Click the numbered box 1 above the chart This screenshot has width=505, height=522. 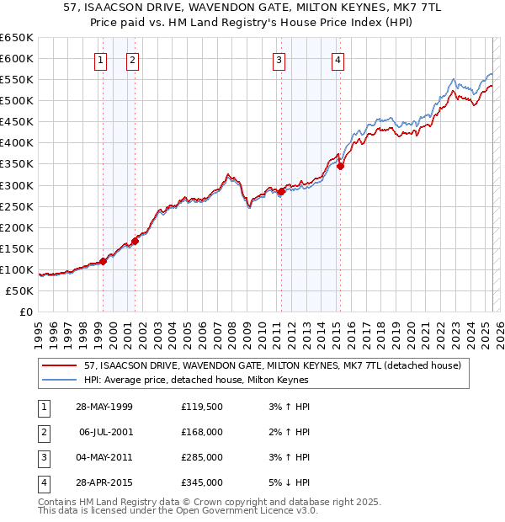[x=101, y=60]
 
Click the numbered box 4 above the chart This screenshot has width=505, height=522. [x=338, y=60]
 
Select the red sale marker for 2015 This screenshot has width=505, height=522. [x=341, y=166]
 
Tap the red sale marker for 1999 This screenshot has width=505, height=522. [x=103, y=261]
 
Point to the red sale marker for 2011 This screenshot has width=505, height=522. [x=281, y=191]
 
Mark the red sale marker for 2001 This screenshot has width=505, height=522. [x=135, y=241]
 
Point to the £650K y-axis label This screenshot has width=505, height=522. [x=17, y=38]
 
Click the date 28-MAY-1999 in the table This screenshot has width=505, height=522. [x=104, y=407]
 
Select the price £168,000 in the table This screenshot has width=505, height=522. [x=202, y=432]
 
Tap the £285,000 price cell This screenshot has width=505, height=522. [x=202, y=457]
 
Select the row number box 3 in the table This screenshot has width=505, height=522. [x=42, y=457]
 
